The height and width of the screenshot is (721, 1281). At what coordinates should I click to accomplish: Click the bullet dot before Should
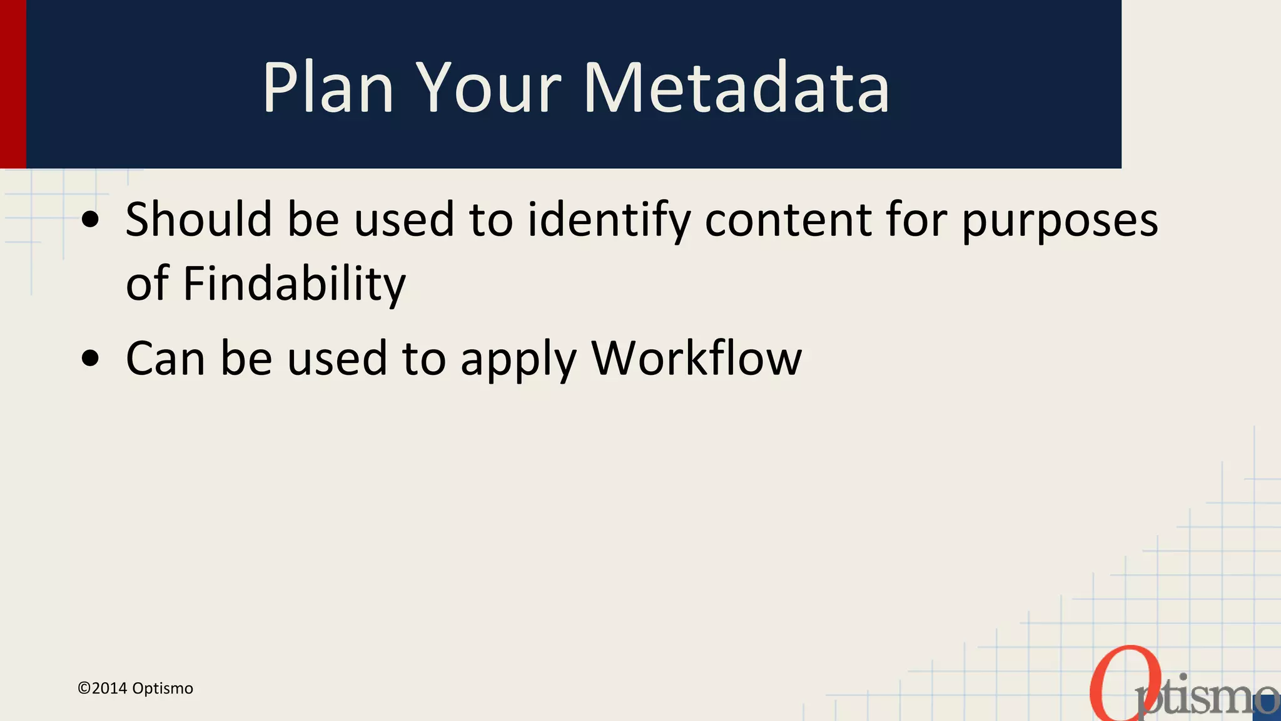point(91,220)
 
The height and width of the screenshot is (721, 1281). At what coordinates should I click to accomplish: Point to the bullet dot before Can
point(91,359)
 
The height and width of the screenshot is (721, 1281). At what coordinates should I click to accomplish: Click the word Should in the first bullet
point(198,220)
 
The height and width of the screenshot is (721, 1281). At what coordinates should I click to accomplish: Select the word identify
point(609,221)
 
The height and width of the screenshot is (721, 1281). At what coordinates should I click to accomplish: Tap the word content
point(788,221)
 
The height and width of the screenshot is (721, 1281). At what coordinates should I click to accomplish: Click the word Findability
point(294,284)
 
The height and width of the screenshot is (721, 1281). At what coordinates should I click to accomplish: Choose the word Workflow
point(696,359)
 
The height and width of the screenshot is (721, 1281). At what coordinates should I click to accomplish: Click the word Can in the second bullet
point(165,359)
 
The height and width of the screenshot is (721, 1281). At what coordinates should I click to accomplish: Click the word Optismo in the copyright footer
point(163,688)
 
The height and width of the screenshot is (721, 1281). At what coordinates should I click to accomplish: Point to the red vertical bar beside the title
point(13,84)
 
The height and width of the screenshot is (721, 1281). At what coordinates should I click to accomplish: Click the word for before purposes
point(916,220)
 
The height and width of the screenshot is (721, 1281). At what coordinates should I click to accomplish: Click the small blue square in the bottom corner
point(1267,708)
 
